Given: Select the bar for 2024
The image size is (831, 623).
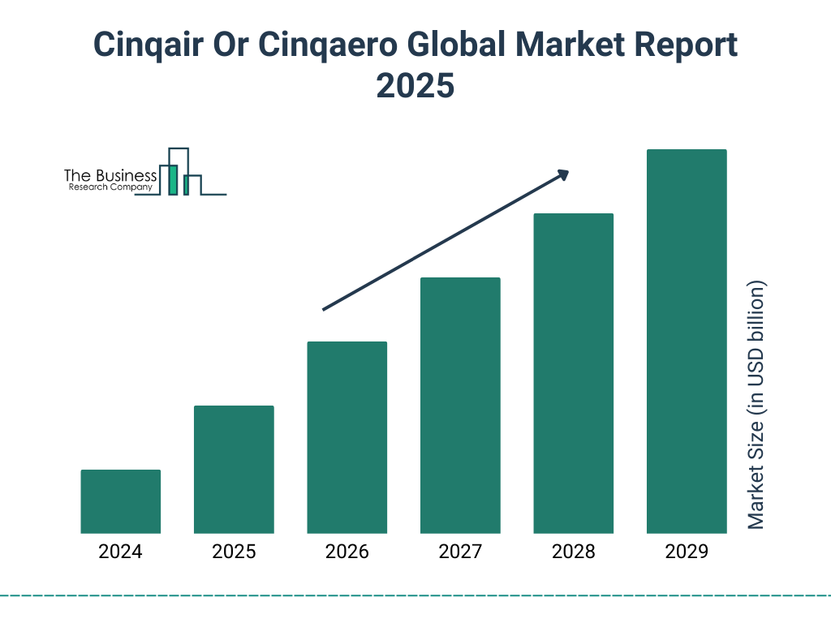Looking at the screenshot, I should (x=121, y=501).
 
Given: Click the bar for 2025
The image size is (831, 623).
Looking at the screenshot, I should (x=234, y=470).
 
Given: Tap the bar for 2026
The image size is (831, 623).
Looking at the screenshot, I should (x=347, y=437).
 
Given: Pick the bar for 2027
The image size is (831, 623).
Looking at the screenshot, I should (x=460, y=406).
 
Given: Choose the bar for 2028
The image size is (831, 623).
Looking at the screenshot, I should (x=573, y=373).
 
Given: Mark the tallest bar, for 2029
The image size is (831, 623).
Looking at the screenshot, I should (x=687, y=342).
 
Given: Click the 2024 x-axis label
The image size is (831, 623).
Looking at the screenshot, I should (x=121, y=552).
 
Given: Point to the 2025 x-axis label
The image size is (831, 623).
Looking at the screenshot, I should (x=234, y=552).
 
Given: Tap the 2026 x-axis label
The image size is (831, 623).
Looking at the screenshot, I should (x=347, y=552).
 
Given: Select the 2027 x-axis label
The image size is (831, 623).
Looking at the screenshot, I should (x=460, y=552).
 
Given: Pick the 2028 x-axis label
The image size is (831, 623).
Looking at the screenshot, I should (x=573, y=552).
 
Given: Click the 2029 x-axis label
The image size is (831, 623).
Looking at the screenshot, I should (x=687, y=552).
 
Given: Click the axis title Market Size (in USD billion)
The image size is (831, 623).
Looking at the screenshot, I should (x=756, y=406).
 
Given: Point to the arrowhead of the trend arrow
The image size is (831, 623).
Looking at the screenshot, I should (x=563, y=174).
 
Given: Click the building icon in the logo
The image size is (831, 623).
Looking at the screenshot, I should (x=179, y=172).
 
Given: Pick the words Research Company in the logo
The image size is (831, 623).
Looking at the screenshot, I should (x=110, y=187).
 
